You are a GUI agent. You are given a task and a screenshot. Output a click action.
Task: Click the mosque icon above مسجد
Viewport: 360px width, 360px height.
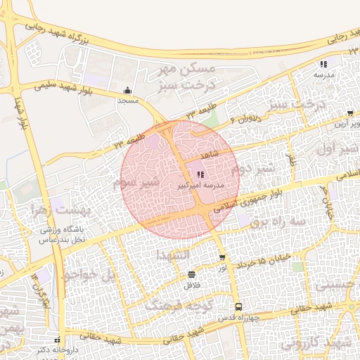point(127,90)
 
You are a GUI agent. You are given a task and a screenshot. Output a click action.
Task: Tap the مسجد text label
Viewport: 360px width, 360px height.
point(127,101)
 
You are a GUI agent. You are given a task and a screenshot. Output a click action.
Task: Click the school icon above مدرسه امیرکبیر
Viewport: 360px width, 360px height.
point(200,174)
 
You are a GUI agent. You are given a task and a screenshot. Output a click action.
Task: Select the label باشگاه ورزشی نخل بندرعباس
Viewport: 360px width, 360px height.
point(61,235)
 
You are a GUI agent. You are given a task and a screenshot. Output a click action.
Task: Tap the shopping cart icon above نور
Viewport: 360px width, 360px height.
point(222,258)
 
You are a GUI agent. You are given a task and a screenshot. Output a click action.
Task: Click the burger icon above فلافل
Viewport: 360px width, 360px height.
point(192,274)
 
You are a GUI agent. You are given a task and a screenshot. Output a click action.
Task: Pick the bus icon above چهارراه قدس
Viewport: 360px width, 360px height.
point(239,307)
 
